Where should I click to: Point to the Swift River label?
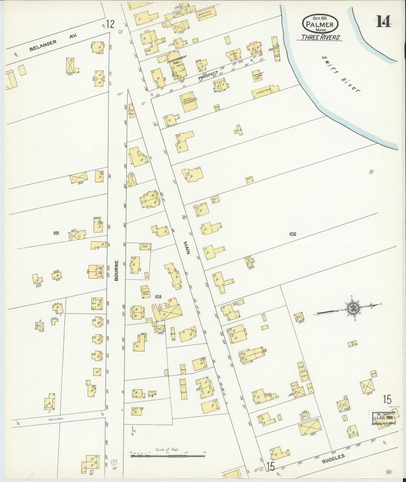341,74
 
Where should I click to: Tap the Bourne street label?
116,271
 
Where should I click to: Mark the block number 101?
56,233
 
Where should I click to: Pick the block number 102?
292,234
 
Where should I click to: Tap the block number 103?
158,296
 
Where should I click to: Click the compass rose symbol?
352,308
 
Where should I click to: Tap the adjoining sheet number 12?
110,24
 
